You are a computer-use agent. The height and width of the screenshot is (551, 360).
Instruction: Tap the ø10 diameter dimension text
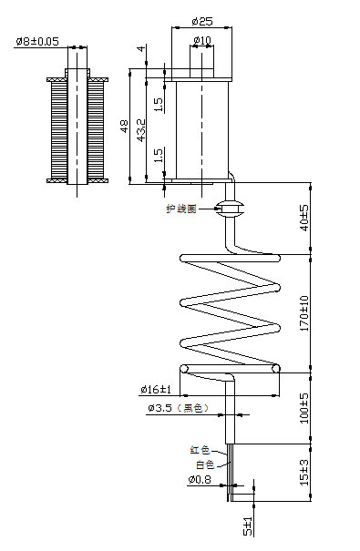(201, 40)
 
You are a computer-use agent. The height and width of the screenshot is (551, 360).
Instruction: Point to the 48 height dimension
(124, 126)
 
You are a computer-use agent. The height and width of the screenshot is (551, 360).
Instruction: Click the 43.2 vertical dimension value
(139, 128)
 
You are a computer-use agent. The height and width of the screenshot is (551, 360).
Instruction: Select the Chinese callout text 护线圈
(180, 209)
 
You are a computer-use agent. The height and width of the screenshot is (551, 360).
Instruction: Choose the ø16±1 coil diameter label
(157, 390)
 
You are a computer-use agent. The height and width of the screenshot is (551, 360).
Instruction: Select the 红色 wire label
(200, 449)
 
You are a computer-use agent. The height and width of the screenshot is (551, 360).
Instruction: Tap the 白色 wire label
(200, 464)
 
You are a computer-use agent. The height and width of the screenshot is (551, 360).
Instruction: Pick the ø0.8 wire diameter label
(200, 479)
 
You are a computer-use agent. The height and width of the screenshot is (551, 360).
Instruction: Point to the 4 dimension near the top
(139, 50)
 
